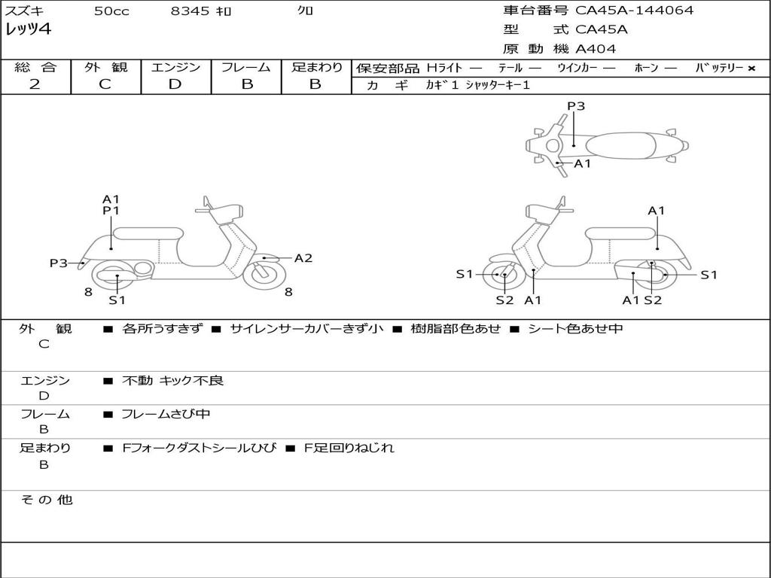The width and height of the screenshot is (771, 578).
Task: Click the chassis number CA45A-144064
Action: (x=634, y=11)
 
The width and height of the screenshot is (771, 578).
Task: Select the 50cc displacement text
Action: (x=111, y=11)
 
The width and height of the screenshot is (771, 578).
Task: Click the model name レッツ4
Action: (x=28, y=30)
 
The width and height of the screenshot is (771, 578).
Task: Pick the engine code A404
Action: (x=596, y=49)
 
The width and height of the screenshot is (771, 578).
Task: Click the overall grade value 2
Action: (x=35, y=84)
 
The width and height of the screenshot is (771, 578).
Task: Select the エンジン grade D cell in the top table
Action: (x=175, y=84)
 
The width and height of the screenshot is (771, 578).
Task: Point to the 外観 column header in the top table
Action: (x=105, y=67)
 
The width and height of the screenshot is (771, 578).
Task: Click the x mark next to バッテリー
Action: (x=751, y=68)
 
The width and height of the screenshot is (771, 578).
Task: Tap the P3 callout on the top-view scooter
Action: (x=576, y=106)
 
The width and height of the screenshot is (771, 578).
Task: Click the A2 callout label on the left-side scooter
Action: (x=303, y=258)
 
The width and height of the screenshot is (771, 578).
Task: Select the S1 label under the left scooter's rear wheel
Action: (x=117, y=300)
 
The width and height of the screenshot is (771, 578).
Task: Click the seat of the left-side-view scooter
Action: (x=148, y=233)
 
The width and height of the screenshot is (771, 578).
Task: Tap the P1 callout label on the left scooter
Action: (x=111, y=211)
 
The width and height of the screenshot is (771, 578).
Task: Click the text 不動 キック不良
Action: (x=172, y=381)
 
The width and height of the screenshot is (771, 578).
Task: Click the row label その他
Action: (x=46, y=500)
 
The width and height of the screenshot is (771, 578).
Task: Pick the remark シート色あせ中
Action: (x=575, y=328)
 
